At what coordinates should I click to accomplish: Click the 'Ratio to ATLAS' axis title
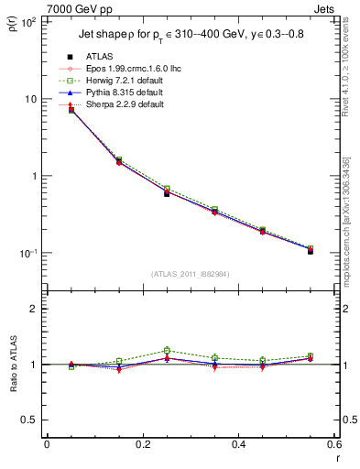13,364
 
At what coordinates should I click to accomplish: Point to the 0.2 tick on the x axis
142,444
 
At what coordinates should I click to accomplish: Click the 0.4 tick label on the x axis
238,444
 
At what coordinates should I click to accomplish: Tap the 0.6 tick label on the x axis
333,444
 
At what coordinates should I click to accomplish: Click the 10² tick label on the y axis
28,21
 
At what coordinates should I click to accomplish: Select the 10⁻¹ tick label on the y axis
28,254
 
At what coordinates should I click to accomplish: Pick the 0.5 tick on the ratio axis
31,420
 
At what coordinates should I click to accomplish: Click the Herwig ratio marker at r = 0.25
167,350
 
